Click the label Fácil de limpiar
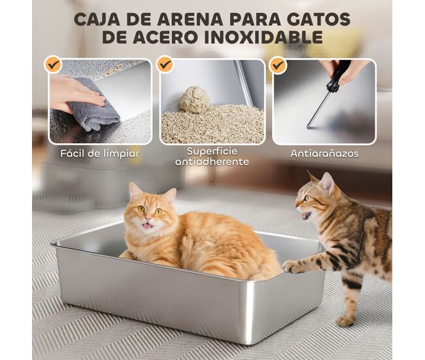(x=100, y=154)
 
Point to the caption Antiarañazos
(x=324, y=154)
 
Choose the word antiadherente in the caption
(x=212, y=162)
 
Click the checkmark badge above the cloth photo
(x=53, y=65)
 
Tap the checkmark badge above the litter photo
(x=165, y=65)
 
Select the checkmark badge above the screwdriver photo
(x=278, y=65)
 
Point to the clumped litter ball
(x=194, y=99)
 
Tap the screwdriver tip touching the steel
(x=309, y=127)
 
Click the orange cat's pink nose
(x=148, y=218)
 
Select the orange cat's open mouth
(x=146, y=225)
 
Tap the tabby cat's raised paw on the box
(x=292, y=267)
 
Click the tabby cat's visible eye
(x=307, y=198)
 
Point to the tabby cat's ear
(x=327, y=182)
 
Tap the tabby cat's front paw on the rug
(x=345, y=321)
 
